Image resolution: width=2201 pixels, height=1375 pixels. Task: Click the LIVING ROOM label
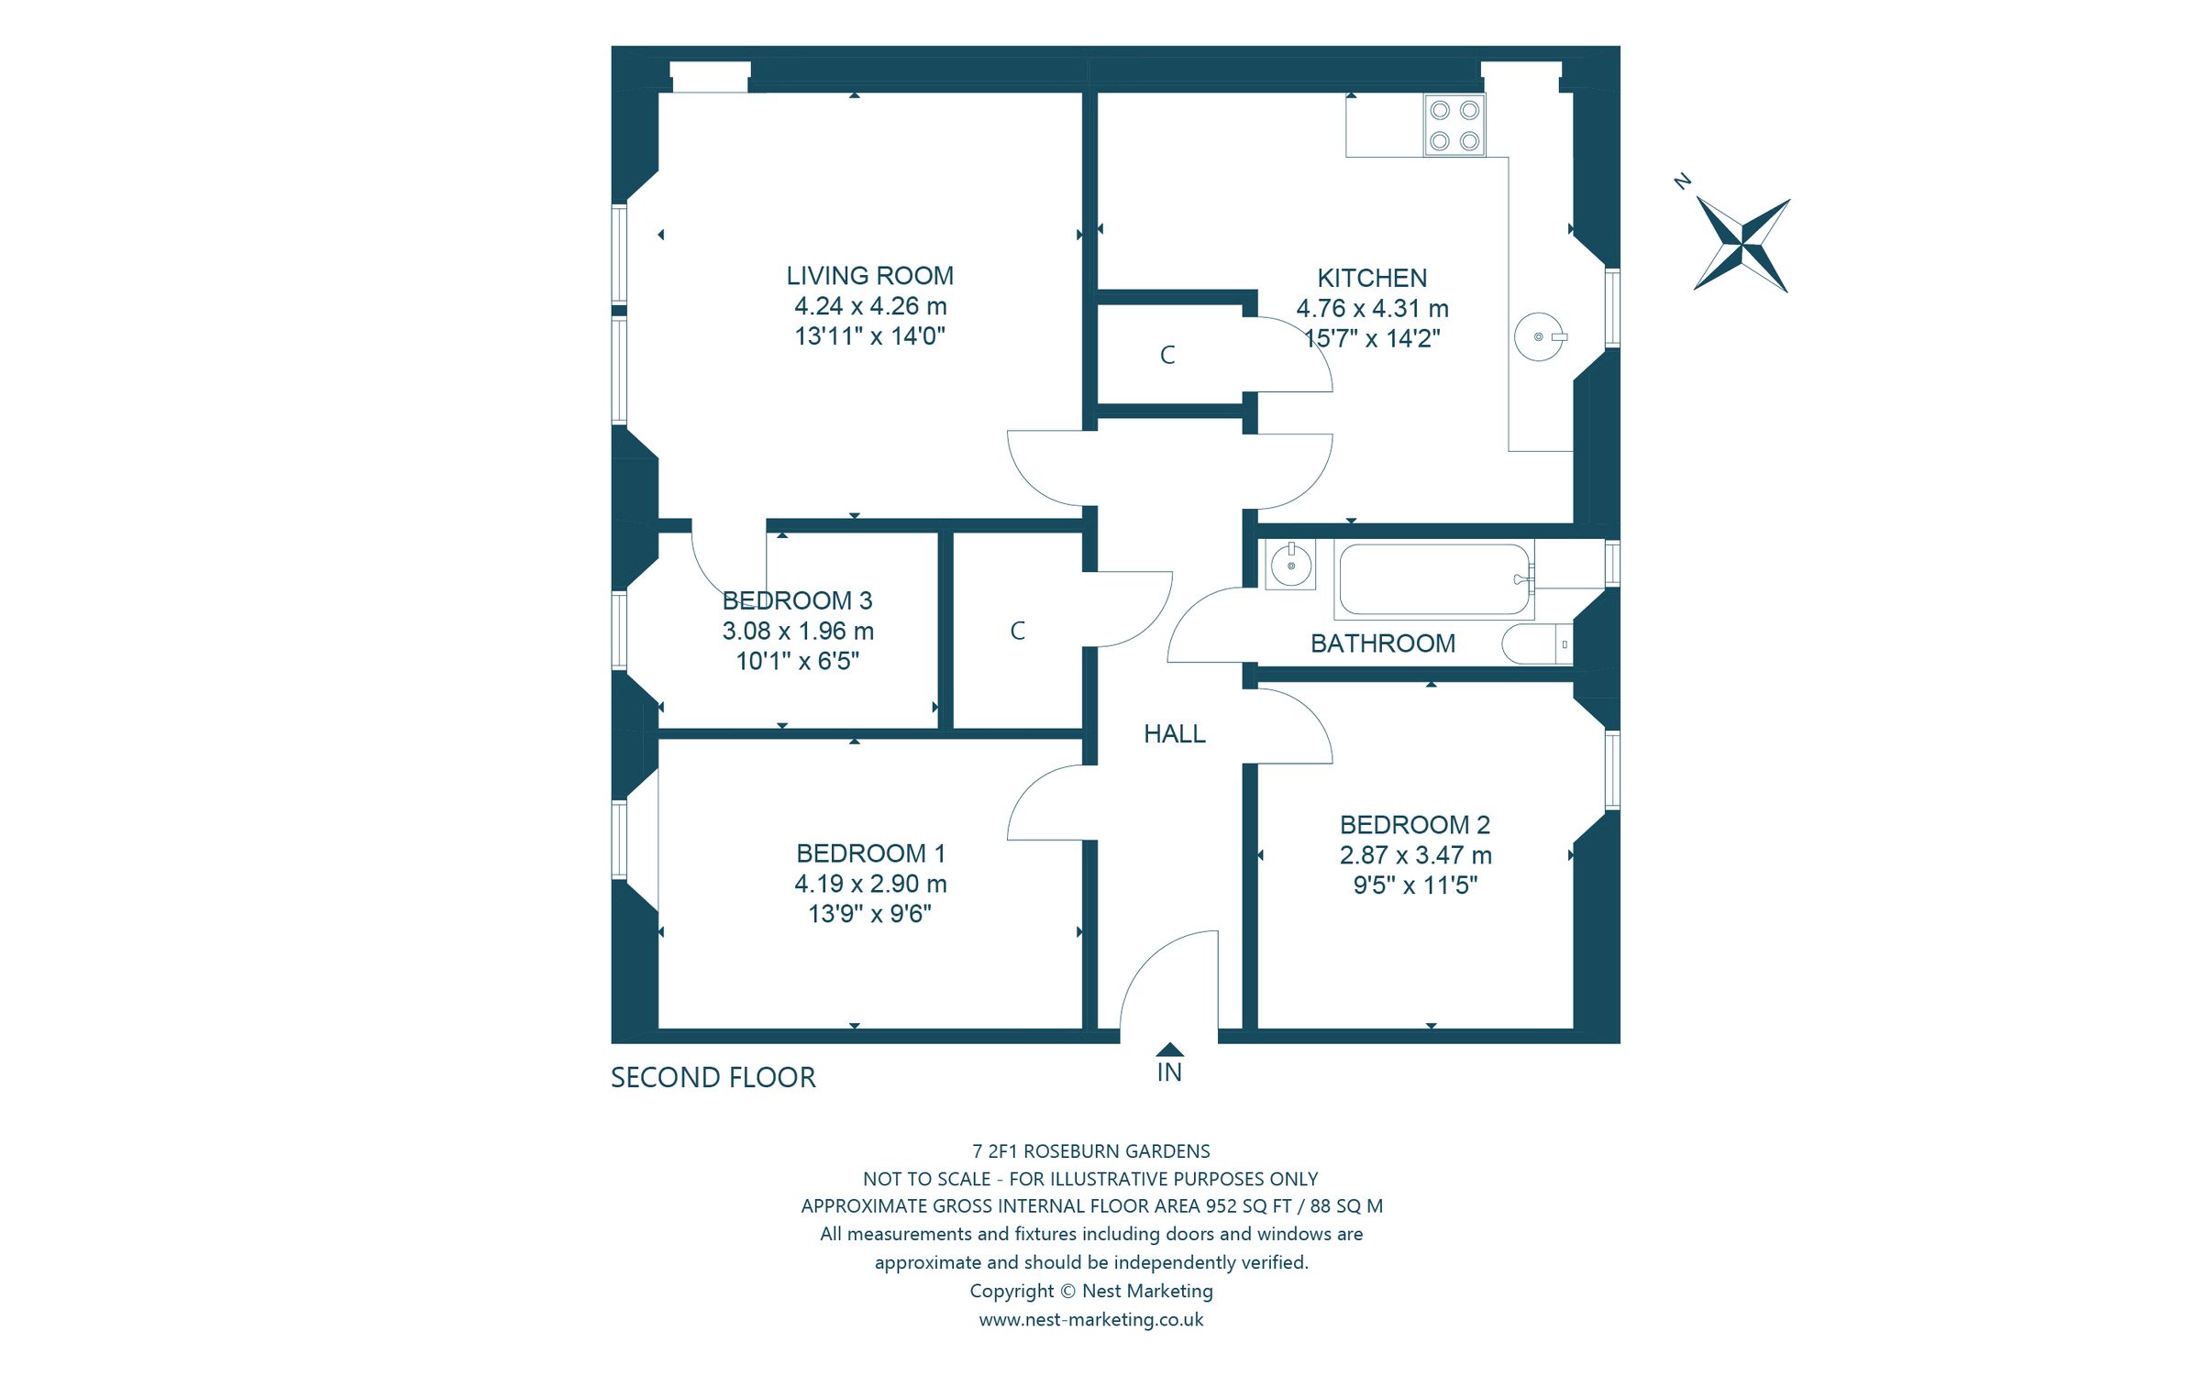pyautogui.click(x=869, y=276)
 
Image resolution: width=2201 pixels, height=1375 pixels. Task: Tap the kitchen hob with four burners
pyautogui.click(x=1454, y=126)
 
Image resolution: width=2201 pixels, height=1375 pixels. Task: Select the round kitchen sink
pyautogui.click(x=1539, y=337)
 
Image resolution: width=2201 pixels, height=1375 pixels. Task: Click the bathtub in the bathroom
pyautogui.click(x=1433, y=579)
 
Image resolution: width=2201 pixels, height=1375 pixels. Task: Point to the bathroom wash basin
pyautogui.click(x=1290, y=565)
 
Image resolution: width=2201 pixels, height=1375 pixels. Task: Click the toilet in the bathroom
pyautogui.click(x=1537, y=644)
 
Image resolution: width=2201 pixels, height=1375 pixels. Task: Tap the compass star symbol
pyautogui.click(x=1741, y=245)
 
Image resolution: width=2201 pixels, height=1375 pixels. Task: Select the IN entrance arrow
pyautogui.click(x=1169, y=1050)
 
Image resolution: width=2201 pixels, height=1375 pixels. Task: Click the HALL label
pyautogui.click(x=1174, y=734)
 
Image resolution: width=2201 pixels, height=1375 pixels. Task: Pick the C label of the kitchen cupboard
pyautogui.click(x=1167, y=356)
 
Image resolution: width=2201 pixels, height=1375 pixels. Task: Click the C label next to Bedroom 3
pyautogui.click(x=1017, y=632)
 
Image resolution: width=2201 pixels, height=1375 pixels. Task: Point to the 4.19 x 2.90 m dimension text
pyautogui.click(x=869, y=884)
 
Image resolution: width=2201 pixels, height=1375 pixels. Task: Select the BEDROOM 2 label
pyautogui.click(x=1414, y=825)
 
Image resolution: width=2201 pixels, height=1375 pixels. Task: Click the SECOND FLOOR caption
pyautogui.click(x=713, y=1078)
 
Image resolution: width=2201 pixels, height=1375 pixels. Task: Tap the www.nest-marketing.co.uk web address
pyautogui.click(x=1090, y=1320)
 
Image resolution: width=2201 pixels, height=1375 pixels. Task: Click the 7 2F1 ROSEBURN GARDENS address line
pyautogui.click(x=1090, y=1151)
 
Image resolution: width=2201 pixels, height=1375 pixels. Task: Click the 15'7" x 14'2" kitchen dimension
pyautogui.click(x=1372, y=339)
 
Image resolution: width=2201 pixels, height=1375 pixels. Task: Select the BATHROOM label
pyautogui.click(x=1382, y=644)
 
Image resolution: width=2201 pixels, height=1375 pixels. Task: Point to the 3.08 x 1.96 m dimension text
pyautogui.click(x=797, y=632)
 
